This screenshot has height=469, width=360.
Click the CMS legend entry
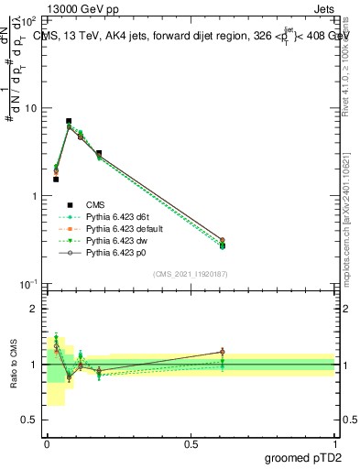click(x=95, y=204)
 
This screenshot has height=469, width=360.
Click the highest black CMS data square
click(x=69, y=121)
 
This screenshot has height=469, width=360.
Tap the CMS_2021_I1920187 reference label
click(x=191, y=274)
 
